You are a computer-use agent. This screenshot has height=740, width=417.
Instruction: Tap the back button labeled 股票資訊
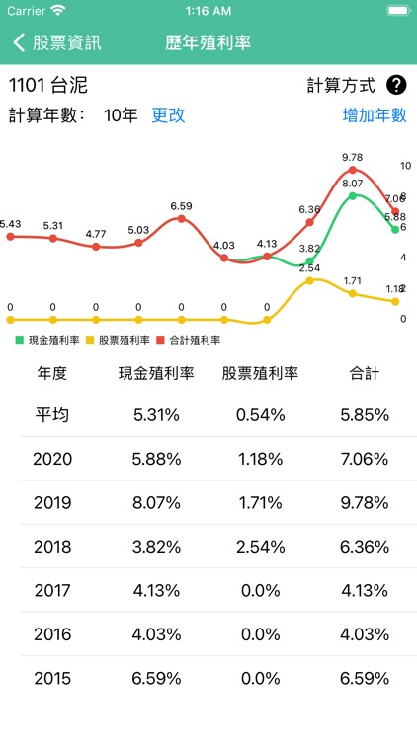pyautogui.click(x=57, y=43)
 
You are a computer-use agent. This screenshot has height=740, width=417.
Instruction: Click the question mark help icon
pyautogui.click(x=396, y=85)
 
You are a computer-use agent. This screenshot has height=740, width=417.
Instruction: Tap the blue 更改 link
pyautogui.click(x=168, y=114)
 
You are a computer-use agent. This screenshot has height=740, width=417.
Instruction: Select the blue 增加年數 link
pyautogui.click(x=375, y=114)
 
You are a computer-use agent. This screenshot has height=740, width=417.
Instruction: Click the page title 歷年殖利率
pyautogui.click(x=208, y=43)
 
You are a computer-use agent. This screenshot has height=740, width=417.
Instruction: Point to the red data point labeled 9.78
pyautogui.click(x=353, y=170)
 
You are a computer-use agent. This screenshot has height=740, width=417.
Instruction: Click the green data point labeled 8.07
pyautogui.click(x=353, y=196)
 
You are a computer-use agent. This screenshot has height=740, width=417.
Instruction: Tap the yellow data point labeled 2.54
pyautogui.click(x=309, y=280)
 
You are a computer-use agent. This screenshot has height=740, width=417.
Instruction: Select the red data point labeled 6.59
pyautogui.click(x=181, y=218)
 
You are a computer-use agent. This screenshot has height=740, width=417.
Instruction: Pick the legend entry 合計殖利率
pyautogui.click(x=189, y=340)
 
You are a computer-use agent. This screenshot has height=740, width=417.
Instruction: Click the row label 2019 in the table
pyautogui.click(x=52, y=502)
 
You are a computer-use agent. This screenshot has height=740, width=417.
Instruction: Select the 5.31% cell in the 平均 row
pyautogui.click(x=156, y=415)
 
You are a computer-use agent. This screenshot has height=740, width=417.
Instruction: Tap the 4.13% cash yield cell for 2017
pyautogui.click(x=156, y=590)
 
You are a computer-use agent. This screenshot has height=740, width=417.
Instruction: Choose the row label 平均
pyautogui.click(x=52, y=415)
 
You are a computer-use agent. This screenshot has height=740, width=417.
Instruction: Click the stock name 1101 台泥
pyautogui.click(x=48, y=85)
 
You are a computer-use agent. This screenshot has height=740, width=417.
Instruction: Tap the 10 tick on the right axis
pyautogui.click(x=405, y=166)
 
